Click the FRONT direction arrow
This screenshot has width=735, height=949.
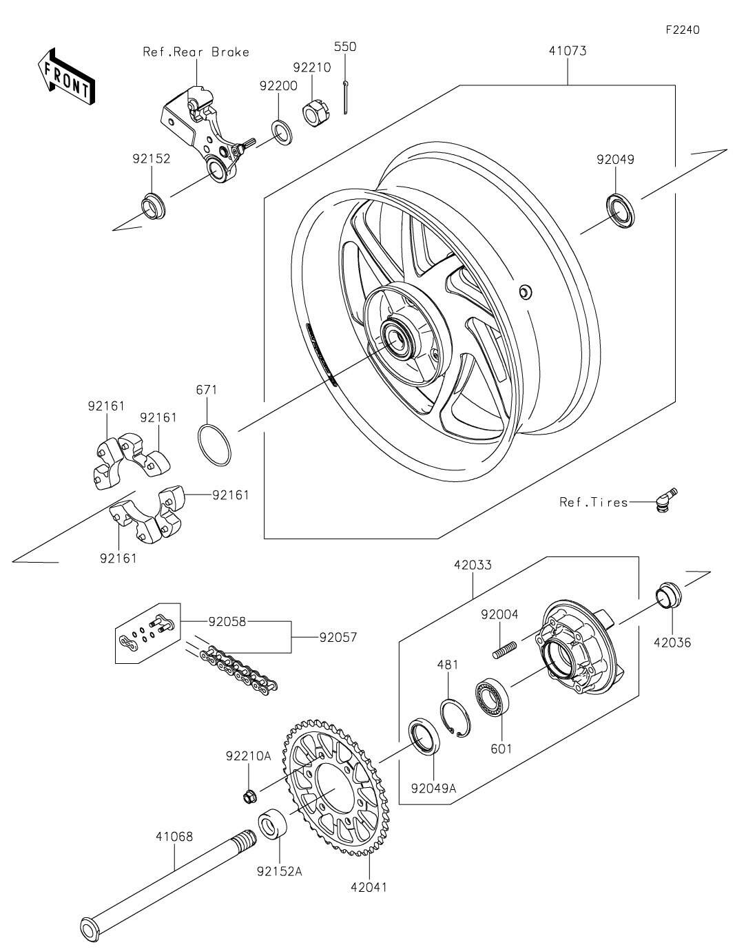click(x=66, y=75)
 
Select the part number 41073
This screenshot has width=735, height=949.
click(x=568, y=50)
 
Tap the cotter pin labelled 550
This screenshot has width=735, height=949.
click(x=346, y=96)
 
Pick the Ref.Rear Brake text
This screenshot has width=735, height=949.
click(x=196, y=52)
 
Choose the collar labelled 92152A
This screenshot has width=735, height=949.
click(x=273, y=825)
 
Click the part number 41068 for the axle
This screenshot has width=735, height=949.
click(x=174, y=837)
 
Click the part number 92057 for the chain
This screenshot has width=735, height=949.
click(x=338, y=638)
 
